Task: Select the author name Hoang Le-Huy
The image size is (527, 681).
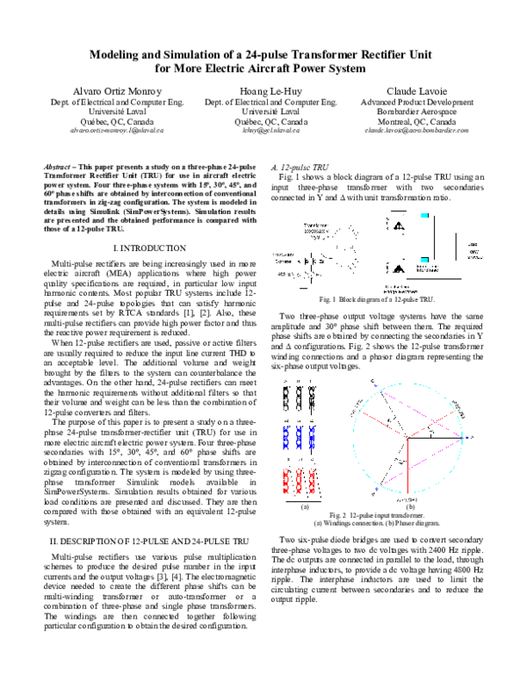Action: (263, 91)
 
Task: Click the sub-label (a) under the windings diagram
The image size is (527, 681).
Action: (305, 506)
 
